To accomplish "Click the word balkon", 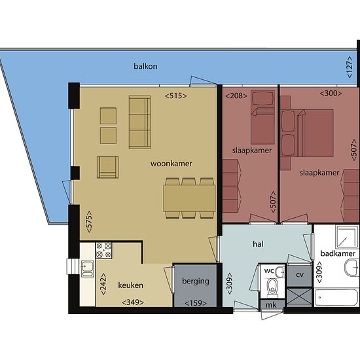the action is point(145,66).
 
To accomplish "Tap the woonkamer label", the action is point(171,164).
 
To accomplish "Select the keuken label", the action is point(131,285).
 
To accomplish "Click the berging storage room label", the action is point(196,281).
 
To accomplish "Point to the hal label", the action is point(258,244).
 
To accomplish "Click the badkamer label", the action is point(338,253).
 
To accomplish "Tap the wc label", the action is point(269,271).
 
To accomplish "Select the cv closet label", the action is point(300,275).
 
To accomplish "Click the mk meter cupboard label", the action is point(271,305).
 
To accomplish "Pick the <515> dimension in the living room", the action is point(176,96).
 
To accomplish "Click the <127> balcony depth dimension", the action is point(350,67).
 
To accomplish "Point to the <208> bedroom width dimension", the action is point(236,96).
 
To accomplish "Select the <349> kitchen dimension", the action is point(133,302).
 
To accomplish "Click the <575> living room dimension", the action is point(89,222).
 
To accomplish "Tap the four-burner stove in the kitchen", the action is point(104,250).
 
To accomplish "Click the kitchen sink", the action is point(88,268).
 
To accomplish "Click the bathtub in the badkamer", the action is point(336,298).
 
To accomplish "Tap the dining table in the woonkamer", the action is point(189,198).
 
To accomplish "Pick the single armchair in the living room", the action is point(108,168).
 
